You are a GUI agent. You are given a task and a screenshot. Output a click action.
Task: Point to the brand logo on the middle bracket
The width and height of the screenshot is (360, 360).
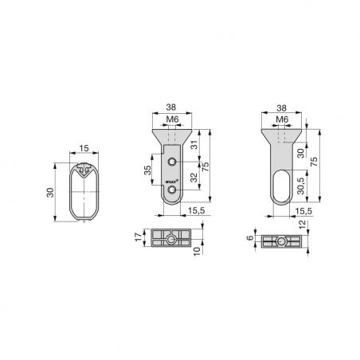click(x=171, y=183)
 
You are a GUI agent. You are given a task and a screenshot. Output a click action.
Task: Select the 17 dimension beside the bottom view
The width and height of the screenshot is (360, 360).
click(x=138, y=239)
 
